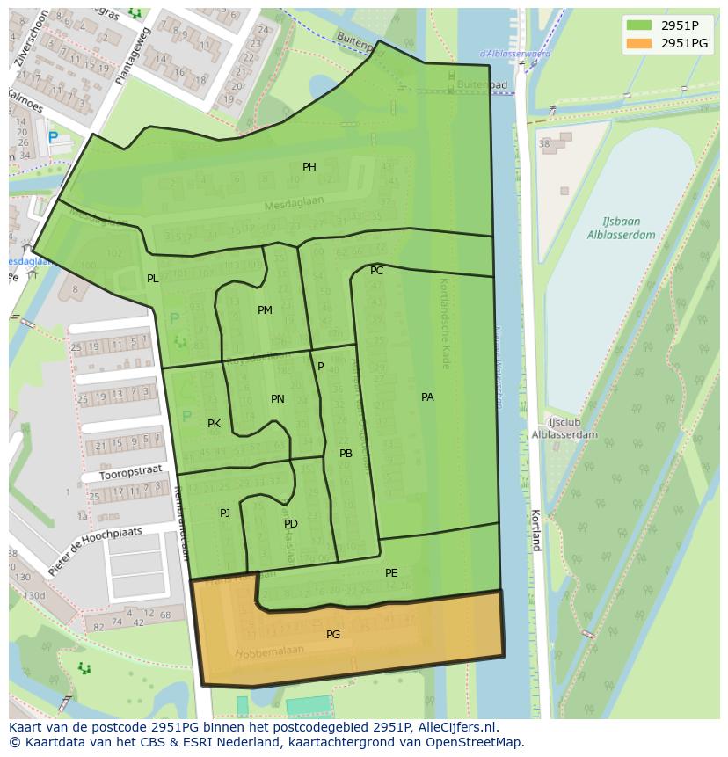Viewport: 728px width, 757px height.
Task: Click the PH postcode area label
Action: [x=309, y=167]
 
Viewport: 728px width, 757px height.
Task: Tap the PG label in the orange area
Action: [x=333, y=634]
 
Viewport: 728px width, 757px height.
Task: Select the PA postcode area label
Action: [x=427, y=397]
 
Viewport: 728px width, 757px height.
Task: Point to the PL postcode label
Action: [x=153, y=279]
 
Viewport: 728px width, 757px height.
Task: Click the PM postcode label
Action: [x=265, y=310]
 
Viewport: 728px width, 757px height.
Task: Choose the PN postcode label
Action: [x=278, y=399]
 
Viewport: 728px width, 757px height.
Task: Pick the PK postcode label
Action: [x=214, y=424]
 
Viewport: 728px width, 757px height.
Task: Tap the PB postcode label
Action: [x=346, y=454]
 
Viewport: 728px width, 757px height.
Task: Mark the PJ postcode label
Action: [x=225, y=513]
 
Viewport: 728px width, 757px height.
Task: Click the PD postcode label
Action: [x=291, y=524]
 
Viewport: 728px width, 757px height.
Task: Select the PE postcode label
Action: [x=391, y=573]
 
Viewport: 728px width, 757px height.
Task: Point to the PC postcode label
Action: [x=376, y=271]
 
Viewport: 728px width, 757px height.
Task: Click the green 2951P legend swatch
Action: [x=639, y=25]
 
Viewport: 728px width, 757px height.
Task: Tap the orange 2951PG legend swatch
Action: [x=639, y=43]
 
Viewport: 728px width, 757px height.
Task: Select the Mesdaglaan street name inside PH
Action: [x=295, y=204]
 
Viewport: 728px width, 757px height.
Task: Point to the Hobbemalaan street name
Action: [x=269, y=652]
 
